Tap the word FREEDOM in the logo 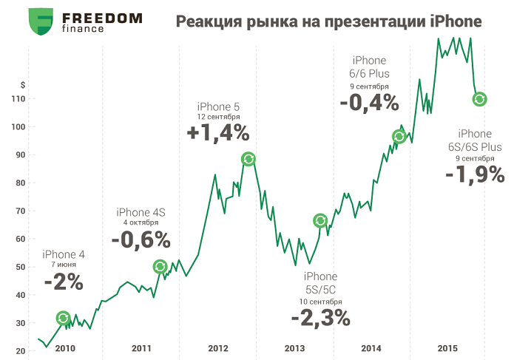(x=103, y=17)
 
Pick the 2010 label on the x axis (x=65, y=348)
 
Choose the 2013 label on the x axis (x=294, y=348)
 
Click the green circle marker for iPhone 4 (x=64, y=319)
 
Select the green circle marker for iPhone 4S (x=160, y=267)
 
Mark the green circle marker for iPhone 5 (x=249, y=159)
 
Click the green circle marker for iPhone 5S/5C (x=319, y=221)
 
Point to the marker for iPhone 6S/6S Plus (x=479, y=99)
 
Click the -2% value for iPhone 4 (x=63, y=282)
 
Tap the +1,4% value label (x=217, y=134)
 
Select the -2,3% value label (x=319, y=318)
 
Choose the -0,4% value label (x=369, y=103)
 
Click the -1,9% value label (x=475, y=175)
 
